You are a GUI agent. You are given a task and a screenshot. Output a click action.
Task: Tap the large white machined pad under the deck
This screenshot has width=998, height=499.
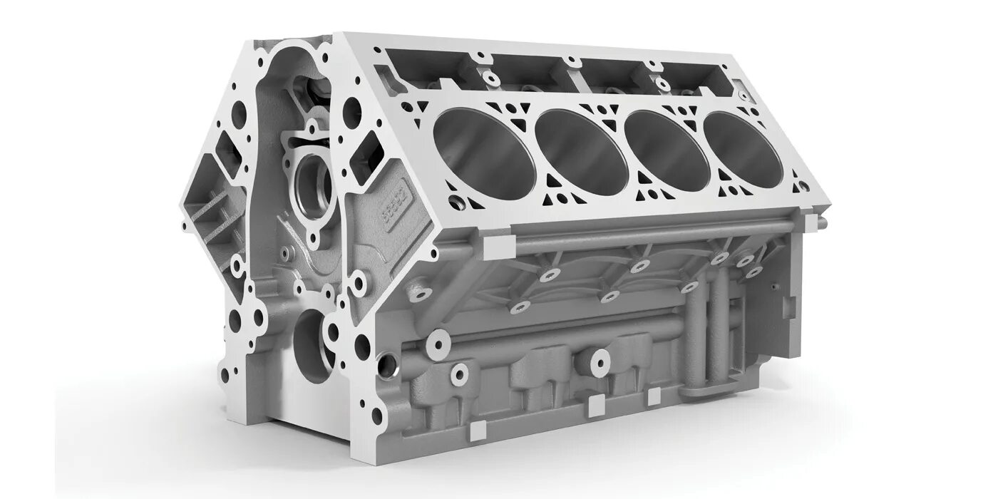[498, 247]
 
